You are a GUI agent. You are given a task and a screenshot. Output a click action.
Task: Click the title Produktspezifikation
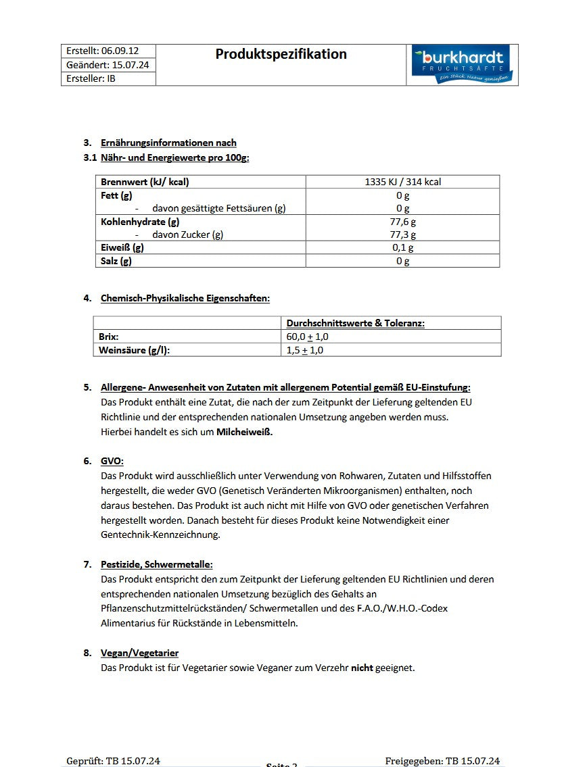click(281, 54)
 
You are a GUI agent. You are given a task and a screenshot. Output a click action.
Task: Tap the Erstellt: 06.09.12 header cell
click(102, 51)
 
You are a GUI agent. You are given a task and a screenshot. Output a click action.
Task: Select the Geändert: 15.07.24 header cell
click(108, 65)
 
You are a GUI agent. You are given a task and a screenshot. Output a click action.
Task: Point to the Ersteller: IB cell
click(91, 78)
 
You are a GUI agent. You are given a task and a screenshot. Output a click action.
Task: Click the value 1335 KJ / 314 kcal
click(402, 182)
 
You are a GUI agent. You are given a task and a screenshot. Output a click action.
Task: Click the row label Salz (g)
click(116, 261)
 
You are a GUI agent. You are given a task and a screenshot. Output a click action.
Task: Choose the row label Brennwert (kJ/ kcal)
click(145, 182)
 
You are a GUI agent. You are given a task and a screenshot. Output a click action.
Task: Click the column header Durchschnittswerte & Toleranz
click(355, 323)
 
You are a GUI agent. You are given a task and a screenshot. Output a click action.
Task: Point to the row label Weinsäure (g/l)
click(134, 350)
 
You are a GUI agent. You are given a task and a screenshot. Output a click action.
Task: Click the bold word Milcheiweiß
click(244, 432)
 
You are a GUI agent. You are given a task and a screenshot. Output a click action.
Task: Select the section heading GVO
click(112, 461)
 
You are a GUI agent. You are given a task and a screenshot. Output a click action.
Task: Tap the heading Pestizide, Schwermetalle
click(156, 564)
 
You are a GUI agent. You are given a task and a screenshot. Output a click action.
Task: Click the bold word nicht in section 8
click(362, 668)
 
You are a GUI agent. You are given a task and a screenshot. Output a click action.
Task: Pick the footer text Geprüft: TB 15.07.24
click(113, 761)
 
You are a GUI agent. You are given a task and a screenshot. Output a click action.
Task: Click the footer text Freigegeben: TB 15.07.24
click(442, 761)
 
